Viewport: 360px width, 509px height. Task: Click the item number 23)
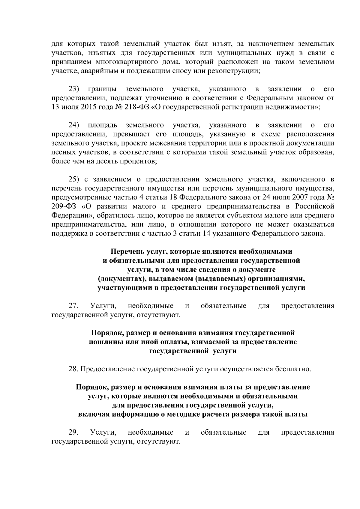74,89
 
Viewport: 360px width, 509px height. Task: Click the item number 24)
74,125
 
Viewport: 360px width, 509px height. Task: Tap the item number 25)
74,179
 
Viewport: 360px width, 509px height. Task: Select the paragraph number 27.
73,306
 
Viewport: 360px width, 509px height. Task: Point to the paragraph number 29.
73,433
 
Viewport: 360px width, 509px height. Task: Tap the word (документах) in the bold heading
118,279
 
